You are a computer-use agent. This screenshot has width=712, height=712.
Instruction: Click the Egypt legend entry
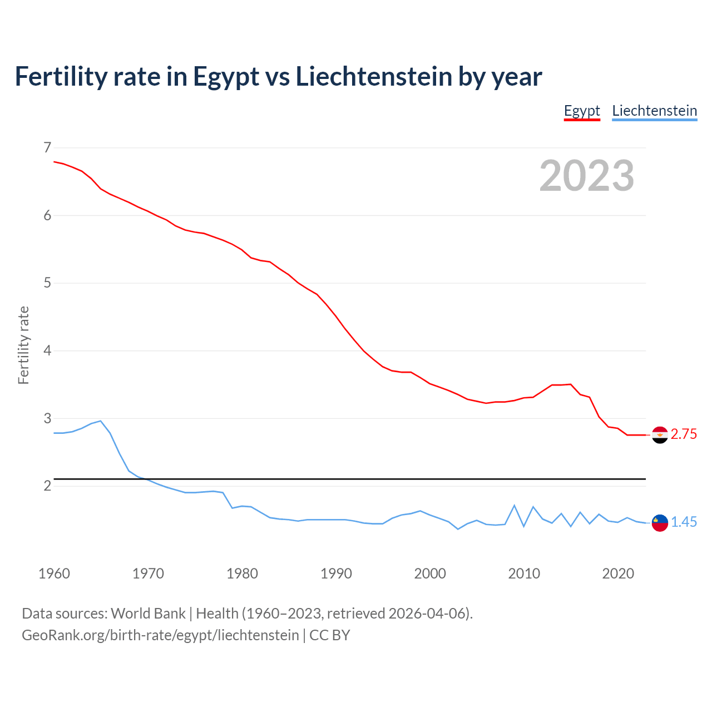pos(582,111)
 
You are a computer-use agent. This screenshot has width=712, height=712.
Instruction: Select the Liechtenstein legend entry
pos(654,111)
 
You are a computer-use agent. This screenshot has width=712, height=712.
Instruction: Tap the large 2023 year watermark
pos(586,176)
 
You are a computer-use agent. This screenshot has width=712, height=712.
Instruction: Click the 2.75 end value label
pos(684,434)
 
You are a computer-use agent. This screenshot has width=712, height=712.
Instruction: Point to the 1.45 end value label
pos(684,522)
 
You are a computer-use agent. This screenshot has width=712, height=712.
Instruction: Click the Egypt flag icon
pos(660,435)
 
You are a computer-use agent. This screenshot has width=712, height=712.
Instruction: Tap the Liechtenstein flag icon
pos(660,523)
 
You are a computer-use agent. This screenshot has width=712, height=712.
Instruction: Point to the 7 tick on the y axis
pos(47,147)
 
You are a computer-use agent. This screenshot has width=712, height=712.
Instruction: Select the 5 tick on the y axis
pos(47,283)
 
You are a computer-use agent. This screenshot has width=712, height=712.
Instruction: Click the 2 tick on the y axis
pos(47,486)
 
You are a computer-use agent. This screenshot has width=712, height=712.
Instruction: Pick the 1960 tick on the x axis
pos(54,573)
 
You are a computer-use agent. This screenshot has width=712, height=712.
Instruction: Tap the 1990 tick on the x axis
pos(336,573)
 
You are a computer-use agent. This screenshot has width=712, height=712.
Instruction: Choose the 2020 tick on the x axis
pos(618,573)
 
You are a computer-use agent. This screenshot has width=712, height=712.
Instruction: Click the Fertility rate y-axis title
pos(23,345)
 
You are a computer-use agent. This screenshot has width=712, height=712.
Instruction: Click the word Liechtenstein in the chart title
pos(374,77)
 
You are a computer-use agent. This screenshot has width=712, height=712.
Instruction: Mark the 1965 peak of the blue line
pos(100,421)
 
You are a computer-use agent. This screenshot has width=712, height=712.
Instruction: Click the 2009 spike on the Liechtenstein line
pos(514,506)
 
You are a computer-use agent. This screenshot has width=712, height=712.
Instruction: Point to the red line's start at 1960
pos(55,161)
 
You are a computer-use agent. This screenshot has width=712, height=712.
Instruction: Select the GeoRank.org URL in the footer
pos(160,635)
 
